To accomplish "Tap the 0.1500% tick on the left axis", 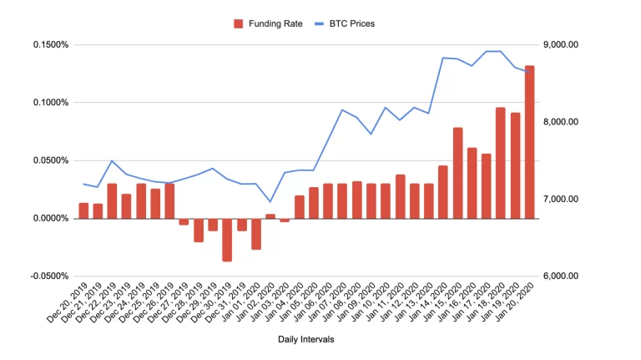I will (49, 44).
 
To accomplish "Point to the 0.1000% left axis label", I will (49, 103).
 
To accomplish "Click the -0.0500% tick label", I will (48, 276).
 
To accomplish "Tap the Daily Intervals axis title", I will (306, 339).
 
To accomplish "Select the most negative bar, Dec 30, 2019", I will (227, 240).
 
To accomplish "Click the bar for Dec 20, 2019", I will (83, 210).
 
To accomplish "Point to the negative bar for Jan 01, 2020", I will (256, 234).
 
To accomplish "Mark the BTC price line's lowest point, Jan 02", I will (270, 201).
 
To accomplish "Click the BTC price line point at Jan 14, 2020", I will (443, 58).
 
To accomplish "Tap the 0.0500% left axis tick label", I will (49, 160).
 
